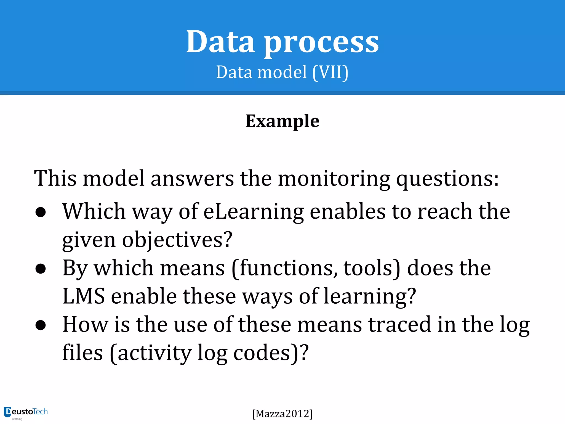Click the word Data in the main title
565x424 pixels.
pyautogui.click(x=220, y=42)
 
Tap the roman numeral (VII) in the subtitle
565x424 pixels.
pyautogui.click(x=331, y=72)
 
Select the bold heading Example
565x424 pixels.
pyautogui.click(x=282, y=121)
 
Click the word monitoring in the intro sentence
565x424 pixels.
pyautogui.click(x=334, y=179)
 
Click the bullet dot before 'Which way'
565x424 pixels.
pyautogui.click(x=41, y=212)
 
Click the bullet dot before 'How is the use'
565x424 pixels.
pyautogui.click(x=41, y=325)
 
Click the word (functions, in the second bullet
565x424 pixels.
pyautogui.click(x=284, y=268)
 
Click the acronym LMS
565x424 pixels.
pyautogui.click(x=84, y=296)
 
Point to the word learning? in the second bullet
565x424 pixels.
pyautogui.click(x=370, y=297)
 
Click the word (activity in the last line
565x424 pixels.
pyautogui.click(x=150, y=353)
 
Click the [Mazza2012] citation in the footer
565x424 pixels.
pyautogui.click(x=282, y=414)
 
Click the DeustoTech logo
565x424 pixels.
pyautogui.click(x=26, y=413)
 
